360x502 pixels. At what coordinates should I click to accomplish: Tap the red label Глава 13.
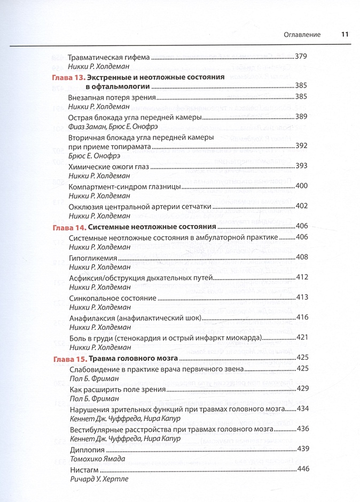(69, 78)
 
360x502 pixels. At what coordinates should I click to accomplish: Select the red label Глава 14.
(69, 227)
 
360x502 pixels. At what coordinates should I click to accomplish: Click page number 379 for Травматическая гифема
(302, 57)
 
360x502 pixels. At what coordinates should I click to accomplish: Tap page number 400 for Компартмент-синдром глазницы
(302, 186)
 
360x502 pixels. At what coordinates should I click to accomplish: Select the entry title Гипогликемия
(92, 258)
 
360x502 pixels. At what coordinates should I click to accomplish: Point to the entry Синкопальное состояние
(113, 297)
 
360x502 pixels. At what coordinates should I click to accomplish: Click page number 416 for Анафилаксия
(302, 318)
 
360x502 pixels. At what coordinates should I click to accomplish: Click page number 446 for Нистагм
(302, 469)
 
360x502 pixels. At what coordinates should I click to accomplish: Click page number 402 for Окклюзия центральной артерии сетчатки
(302, 206)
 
